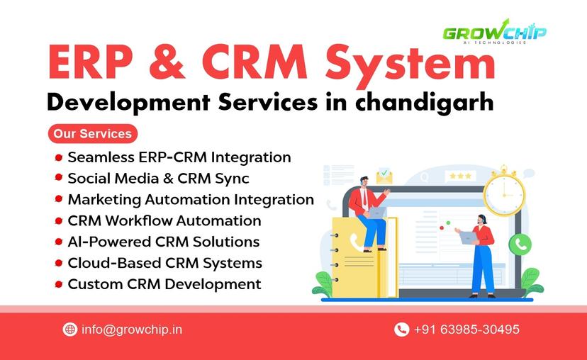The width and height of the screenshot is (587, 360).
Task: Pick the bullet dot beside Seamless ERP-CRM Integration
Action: [x=59, y=157]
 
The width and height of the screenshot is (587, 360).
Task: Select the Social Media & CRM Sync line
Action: [x=158, y=178]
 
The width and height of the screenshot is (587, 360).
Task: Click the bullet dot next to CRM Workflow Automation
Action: [x=59, y=221]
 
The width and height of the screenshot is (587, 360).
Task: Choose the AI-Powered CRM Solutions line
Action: [x=163, y=242]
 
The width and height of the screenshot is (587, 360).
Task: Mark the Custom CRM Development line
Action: [x=164, y=284]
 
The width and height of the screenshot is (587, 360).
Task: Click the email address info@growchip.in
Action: [x=132, y=330]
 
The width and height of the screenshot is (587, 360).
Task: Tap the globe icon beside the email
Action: [x=69, y=330]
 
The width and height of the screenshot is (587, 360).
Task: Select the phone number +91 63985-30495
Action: [x=466, y=330]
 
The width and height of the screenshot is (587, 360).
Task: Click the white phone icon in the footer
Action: [x=402, y=330]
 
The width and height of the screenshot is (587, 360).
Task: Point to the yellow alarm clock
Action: [x=504, y=192]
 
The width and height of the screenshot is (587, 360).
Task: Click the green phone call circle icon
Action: [x=520, y=244]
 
